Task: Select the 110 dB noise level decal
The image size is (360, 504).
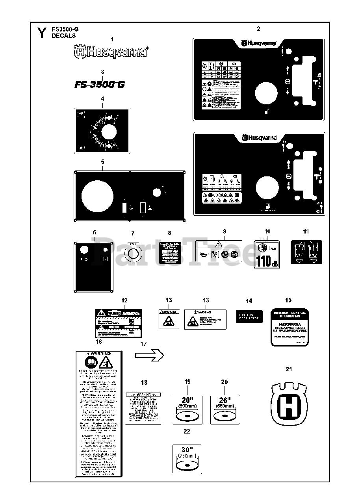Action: [267, 255]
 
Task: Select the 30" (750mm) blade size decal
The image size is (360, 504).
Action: [187, 460]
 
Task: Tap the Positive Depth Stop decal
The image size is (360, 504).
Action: [249, 315]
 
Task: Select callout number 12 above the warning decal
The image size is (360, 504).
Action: [124, 300]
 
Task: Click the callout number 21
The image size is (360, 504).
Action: [289, 369]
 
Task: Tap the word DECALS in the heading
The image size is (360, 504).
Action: [63, 36]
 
